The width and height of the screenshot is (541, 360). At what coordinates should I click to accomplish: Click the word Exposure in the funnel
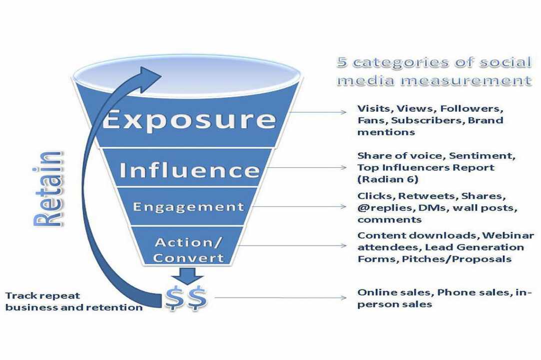pos(189,120)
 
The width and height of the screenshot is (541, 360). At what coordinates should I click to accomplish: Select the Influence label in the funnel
pos(189,170)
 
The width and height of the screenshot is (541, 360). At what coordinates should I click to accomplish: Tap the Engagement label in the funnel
pos(188,207)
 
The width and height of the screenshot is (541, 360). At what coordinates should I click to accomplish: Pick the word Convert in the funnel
pos(188,258)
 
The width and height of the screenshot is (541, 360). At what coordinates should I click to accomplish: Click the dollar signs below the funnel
pos(186,298)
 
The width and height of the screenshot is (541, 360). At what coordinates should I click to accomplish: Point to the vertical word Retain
pos(48,189)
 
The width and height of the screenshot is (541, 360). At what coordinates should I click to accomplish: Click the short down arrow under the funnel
pos(187,276)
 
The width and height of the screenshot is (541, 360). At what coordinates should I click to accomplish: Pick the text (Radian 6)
pos(388,179)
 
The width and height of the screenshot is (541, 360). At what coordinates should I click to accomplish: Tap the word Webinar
pos(508,236)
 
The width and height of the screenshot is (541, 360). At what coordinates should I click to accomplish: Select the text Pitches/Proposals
pos(457,259)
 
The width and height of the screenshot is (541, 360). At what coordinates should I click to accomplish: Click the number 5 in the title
pos(342,62)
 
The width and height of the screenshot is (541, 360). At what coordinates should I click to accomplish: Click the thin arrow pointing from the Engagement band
pos(298,207)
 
